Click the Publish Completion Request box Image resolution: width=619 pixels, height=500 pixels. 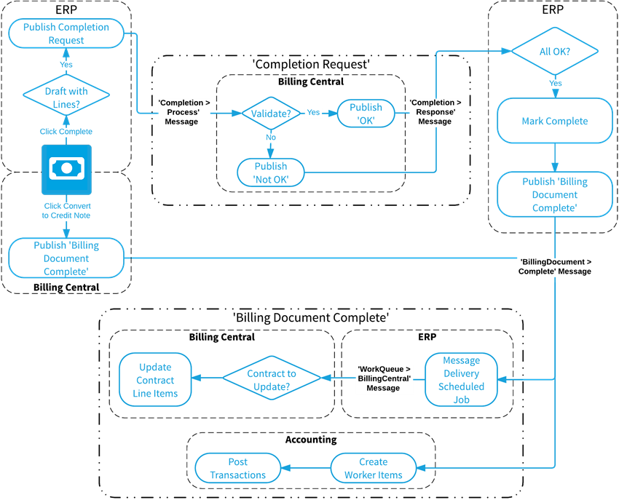66,33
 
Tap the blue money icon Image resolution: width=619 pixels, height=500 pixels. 66,170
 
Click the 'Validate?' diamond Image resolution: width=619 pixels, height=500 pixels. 271,114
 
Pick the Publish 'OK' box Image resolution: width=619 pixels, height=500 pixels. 366,114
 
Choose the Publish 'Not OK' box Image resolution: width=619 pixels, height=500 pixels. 271,172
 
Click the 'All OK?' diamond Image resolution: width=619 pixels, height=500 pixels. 555,52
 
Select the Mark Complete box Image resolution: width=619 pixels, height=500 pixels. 555,121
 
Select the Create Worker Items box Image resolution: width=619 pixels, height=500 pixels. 373,468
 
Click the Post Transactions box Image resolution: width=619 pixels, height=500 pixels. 238,468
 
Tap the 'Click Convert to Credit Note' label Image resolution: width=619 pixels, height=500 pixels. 66,211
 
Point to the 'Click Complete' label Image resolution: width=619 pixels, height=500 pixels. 66,132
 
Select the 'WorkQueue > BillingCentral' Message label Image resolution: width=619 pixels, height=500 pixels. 383,378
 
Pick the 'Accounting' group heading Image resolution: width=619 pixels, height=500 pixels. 311,440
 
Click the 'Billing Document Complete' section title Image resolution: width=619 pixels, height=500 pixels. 311,318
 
